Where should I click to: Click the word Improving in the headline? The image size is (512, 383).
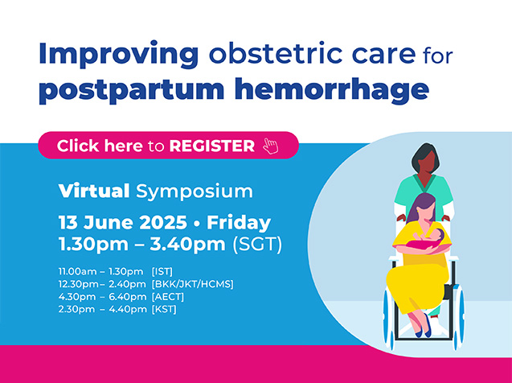pos(119,55)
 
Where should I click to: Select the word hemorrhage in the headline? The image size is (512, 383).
pos(331,91)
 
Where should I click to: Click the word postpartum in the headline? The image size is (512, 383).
pos(132,91)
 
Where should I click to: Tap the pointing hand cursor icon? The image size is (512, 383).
pos(271,146)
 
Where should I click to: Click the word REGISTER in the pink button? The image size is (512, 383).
pos(212,146)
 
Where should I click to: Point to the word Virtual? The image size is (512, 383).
pos(94,191)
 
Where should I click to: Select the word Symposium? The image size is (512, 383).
pos(195,191)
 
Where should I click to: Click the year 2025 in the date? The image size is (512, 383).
pos(163,223)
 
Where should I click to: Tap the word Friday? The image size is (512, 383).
pos(239,224)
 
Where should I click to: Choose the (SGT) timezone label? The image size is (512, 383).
pos(257,244)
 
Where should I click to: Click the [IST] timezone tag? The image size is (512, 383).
pos(162,272)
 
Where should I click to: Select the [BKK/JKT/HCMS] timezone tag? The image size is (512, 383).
pos(193,284)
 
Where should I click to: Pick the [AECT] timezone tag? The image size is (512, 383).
pos(168,297)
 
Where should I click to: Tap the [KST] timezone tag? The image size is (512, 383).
pos(164,309)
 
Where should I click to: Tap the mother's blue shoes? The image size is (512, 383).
pos(424,327)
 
